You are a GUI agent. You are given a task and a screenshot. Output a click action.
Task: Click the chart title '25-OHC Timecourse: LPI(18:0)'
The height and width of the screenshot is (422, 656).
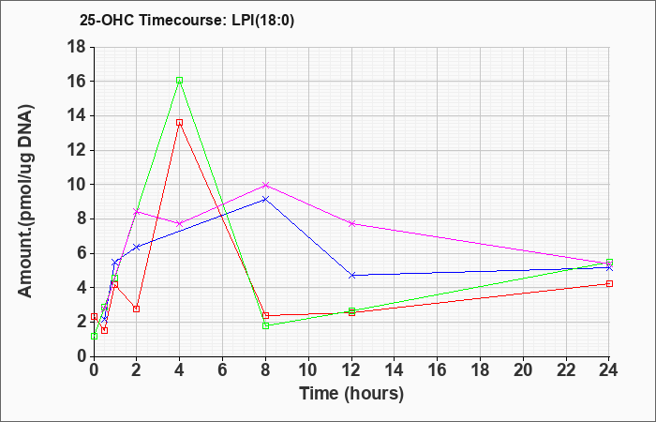187,21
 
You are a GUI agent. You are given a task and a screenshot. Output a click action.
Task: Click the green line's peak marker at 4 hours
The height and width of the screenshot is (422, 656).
180,81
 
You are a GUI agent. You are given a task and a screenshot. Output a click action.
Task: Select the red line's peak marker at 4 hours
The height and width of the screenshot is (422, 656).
180,123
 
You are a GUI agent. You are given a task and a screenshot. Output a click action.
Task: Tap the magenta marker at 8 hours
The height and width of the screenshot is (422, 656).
265,185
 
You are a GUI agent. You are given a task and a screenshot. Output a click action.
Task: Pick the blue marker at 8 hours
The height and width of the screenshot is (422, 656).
265,199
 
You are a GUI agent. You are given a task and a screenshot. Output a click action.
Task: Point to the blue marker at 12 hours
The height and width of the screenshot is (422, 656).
352,276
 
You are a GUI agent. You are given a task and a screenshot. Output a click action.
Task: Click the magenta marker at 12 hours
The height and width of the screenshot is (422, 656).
352,224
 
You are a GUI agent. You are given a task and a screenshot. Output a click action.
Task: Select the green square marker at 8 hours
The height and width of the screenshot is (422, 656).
265,325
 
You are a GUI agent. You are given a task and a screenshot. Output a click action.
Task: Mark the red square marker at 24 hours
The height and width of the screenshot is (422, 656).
609,284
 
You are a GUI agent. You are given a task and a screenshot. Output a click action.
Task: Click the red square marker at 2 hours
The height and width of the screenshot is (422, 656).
137,309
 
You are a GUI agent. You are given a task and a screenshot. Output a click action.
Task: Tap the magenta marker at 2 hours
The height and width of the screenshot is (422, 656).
137,212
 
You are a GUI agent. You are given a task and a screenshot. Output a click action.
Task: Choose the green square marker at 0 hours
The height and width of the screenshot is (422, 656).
94,336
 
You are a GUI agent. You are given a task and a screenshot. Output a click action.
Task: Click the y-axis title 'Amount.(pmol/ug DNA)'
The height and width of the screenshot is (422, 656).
26,202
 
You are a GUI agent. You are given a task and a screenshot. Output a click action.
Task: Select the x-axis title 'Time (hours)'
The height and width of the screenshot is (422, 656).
351,394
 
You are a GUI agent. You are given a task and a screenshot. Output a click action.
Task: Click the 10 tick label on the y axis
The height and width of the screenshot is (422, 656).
77,185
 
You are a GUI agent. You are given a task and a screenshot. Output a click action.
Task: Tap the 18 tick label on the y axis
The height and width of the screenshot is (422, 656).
77,47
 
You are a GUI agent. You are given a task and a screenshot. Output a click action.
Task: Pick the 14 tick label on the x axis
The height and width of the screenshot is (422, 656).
395,370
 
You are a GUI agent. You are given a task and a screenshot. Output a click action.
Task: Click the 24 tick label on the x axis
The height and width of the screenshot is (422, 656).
608,370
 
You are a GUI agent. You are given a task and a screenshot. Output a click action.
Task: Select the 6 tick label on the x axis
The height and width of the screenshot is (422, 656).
223,370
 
